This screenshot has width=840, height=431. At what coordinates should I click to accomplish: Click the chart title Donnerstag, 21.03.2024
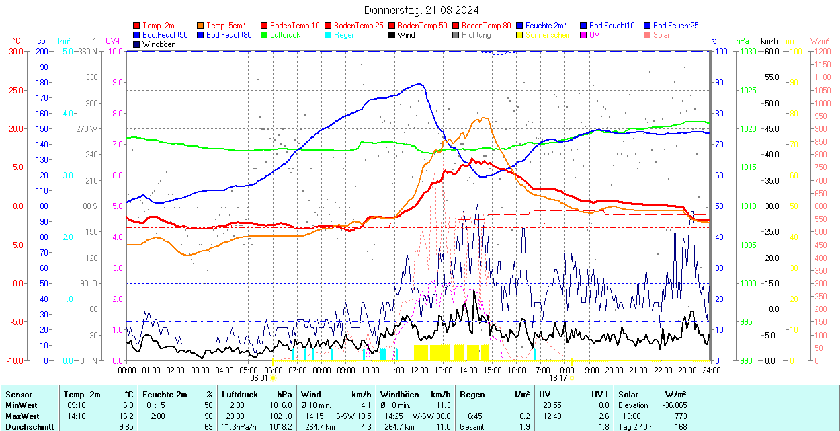(x=421, y=10)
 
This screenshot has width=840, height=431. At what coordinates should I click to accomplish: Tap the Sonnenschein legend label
(x=548, y=35)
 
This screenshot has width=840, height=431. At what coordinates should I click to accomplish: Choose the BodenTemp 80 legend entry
(x=486, y=26)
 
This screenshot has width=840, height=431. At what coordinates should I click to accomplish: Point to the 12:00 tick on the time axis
(x=419, y=370)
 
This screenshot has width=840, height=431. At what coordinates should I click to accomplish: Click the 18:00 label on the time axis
(x=565, y=370)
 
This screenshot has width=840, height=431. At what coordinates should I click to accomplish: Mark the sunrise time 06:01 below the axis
(x=259, y=378)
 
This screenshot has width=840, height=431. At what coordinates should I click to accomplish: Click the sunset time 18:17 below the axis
(x=558, y=378)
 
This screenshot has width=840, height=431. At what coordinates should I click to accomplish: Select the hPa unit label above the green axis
(x=743, y=41)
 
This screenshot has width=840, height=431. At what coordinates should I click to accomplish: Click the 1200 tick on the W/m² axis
(x=822, y=65)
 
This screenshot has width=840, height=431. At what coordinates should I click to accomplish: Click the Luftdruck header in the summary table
(x=240, y=395)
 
